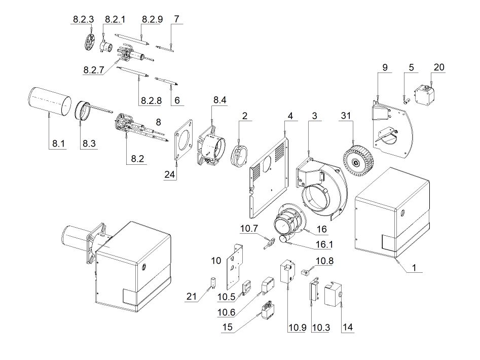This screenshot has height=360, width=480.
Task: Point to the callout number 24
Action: point(171,174)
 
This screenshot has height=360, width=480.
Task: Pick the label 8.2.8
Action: point(149,100)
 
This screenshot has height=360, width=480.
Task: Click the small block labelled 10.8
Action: point(305,272)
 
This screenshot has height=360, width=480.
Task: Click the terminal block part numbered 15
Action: point(267,309)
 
